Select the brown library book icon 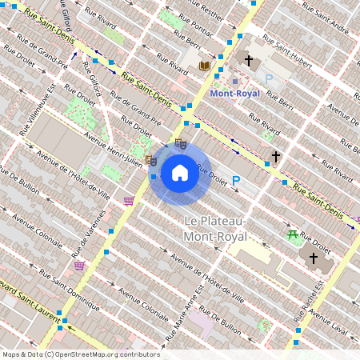tap(205, 66)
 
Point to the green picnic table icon tap(293, 234)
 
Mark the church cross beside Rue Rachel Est tap(313, 258)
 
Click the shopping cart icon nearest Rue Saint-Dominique tap(79, 266)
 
